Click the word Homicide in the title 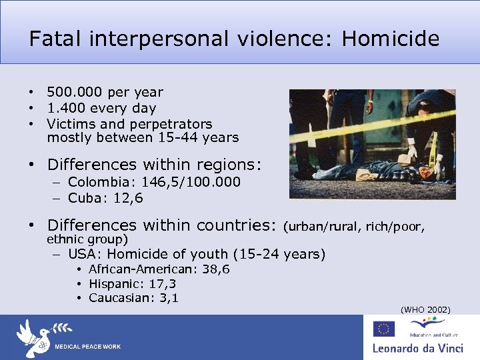pos(391,39)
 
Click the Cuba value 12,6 pos(129,198)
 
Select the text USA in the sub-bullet pos(83,254)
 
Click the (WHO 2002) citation pos(425,309)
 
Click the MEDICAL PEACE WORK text pos(87,347)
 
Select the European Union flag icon pos(384,328)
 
